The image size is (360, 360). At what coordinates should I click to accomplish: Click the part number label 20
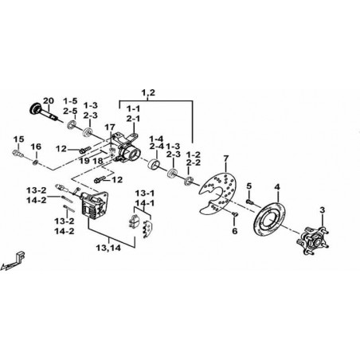pyautogui.click(x=49, y=101)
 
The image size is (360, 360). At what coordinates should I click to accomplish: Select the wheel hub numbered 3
pyautogui.click(x=313, y=240)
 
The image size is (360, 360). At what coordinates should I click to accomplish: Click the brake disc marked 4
pyautogui.click(x=270, y=219)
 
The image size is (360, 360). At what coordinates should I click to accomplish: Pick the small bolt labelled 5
pyautogui.click(x=249, y=202)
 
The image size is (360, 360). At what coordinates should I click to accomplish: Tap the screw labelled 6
pyautogui.click(x=235, y=213)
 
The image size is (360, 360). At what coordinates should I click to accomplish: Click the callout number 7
pyautogui.click(x=225, y=159)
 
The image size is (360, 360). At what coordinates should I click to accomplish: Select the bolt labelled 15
pyautogui.click(x=18, y=153)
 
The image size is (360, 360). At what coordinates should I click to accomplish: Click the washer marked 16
pyautogui.click(x=35, y=162)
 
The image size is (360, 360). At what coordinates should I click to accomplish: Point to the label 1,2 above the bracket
pyautogui.click(x=148, y=93)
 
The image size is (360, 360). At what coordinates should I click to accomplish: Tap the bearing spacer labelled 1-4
pyautogui.click(x=155, y=164)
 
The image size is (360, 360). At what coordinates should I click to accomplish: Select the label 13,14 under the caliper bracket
pyautogui.click(x=108, y=248)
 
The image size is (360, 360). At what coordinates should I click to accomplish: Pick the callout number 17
pyautogui.click(x=110, y=127)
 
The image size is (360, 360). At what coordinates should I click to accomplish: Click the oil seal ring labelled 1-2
pyautogui.click(x=189, y=181)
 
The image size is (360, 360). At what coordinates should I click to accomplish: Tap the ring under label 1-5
pyautogui.click(x=72, y=125)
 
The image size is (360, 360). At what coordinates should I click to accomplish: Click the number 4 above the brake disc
pyautogui.click(x=277, y=187)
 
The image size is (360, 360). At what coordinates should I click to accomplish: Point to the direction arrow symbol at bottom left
pyautogui.click(x=14, y=261)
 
